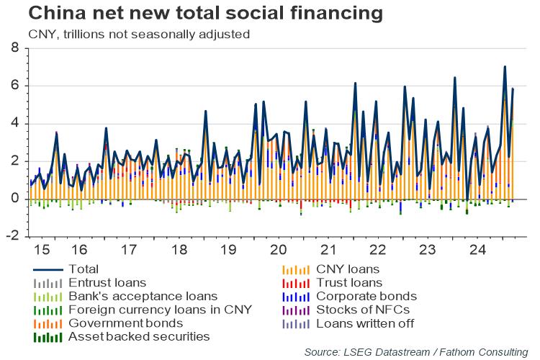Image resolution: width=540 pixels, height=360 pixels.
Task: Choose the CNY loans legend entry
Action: point(348,269)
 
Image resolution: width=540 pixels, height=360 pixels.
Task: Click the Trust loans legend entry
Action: point(349,283)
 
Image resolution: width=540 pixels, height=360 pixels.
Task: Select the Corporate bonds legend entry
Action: point(366,296)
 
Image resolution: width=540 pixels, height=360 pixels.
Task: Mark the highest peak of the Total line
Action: point(505,67)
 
